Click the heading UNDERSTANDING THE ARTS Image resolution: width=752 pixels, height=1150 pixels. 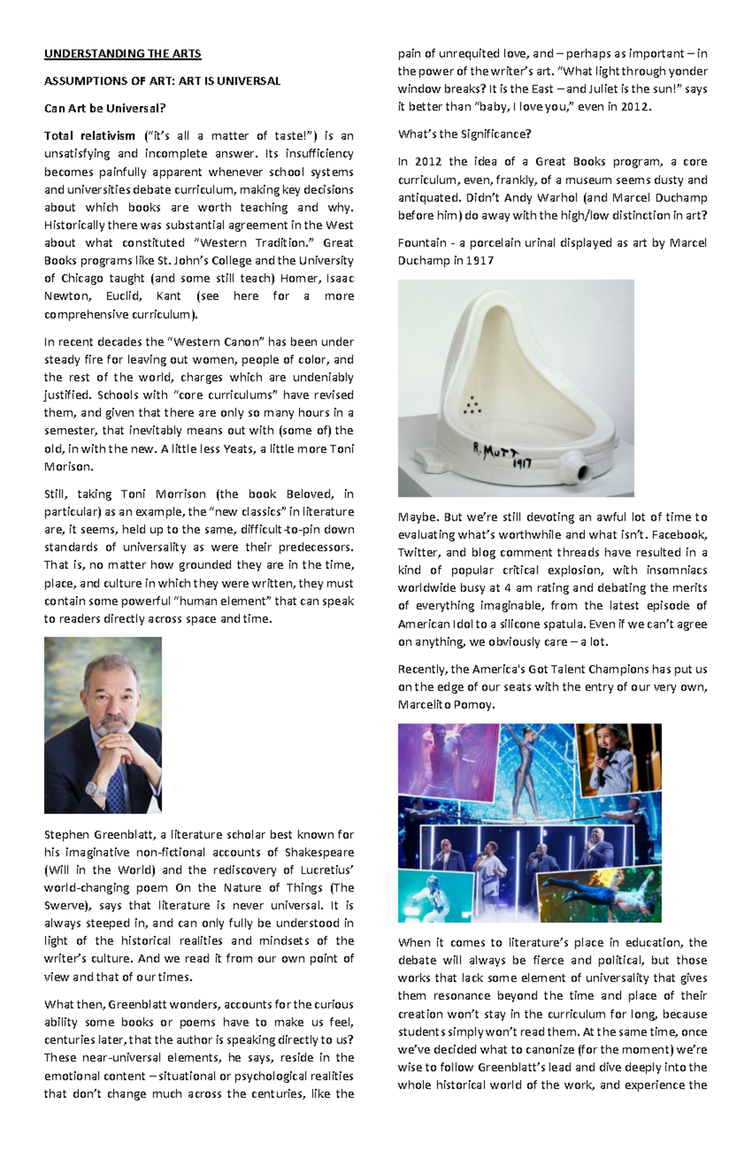tap(122, 54)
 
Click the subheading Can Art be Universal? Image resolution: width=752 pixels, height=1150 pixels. tap(105, 108)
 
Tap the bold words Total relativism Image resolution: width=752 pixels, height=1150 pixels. tap(90, 136)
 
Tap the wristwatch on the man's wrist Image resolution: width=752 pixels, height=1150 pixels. tap(95, 790)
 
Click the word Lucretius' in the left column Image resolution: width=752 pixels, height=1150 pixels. tap(328, 870)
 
